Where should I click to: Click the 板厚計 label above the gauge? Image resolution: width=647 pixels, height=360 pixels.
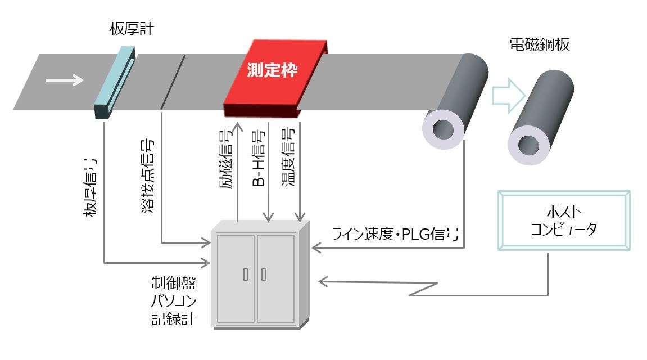tap(130, 30)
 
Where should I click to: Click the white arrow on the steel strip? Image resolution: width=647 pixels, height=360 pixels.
tap(64, 80)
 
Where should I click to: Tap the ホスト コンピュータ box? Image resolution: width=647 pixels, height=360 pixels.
tap(564, 220)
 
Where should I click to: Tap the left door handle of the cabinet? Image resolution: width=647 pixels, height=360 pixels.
tap(245, 275)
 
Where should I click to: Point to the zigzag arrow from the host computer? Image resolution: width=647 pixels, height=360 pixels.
tap(427, 287)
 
